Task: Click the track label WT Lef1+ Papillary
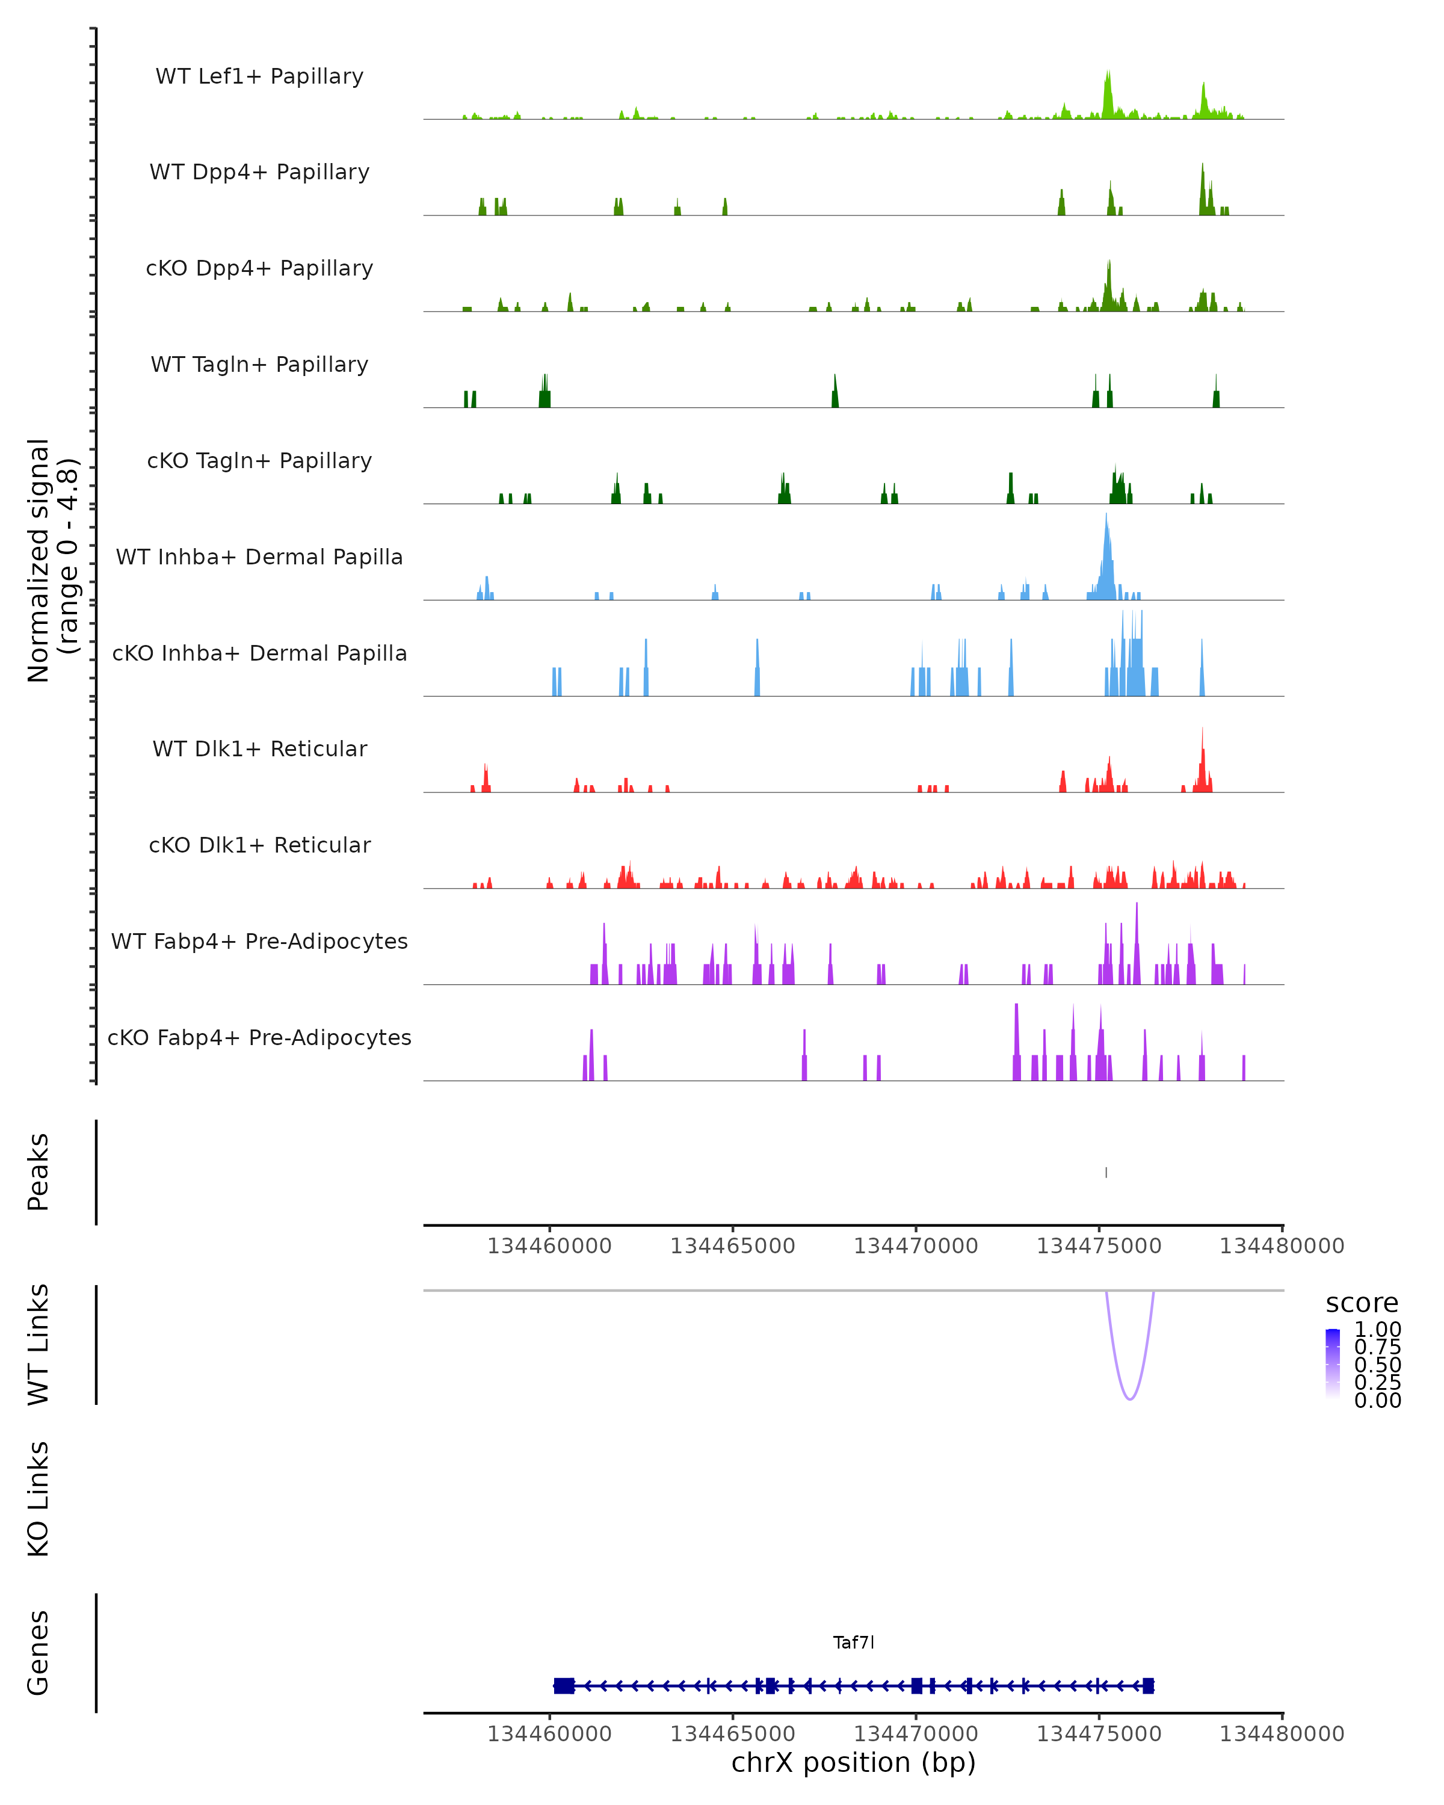click(259, 76)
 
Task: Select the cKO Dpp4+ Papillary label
click(259, 269)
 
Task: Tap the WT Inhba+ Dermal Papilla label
click(259, 558)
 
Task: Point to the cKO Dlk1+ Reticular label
click(259, 845)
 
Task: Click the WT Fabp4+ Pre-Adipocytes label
click(259, 942)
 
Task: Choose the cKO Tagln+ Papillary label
click(259, 461)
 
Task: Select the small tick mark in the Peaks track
click(1106, 1172)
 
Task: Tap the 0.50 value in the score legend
click(1377, 1365)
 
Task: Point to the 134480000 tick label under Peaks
click(1282, 1247)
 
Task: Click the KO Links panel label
click(39, 1499)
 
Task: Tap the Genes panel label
click(39, 1653)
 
